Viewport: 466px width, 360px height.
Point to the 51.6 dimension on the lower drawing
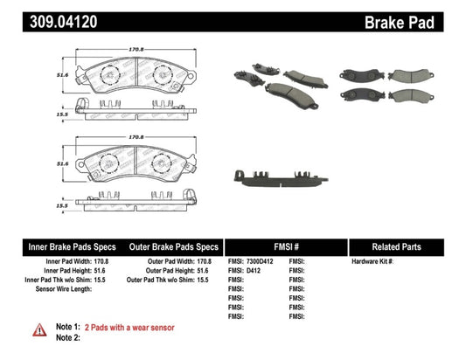pos(62,163)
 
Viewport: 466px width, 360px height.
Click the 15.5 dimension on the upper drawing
pos(62,114)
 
